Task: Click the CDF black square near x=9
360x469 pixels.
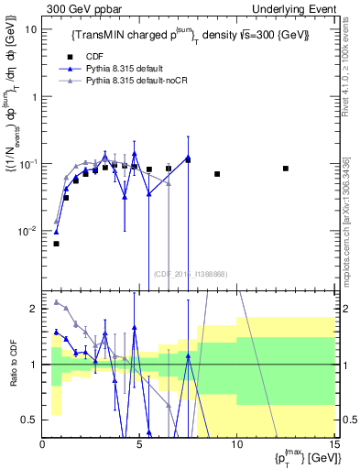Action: [217, 174]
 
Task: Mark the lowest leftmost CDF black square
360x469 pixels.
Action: [56, 244]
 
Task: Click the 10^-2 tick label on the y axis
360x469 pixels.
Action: [27, 231]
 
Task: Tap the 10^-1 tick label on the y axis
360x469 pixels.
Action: [27, 163]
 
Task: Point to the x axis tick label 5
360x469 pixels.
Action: [139, 445]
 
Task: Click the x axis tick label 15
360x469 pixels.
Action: [333, 445]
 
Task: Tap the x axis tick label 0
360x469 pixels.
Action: [43, 445]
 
